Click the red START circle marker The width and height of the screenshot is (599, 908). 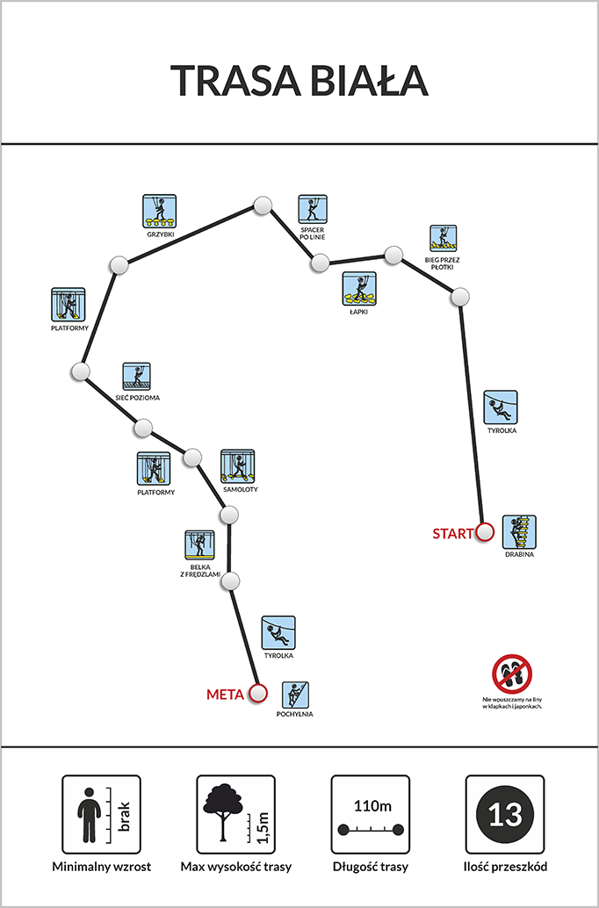tap(485, 531)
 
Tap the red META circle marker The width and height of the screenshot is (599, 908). tap(258, 693)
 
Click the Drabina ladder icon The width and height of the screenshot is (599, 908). tap(519, 531)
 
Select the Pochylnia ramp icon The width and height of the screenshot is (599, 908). tap(295, 695)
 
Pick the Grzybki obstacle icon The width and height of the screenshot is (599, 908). tap(159, 211)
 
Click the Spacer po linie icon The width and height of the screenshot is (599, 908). tap(313, 209)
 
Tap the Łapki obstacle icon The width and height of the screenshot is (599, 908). tap(359, 288)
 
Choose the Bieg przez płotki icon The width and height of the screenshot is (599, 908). tap(444, 239)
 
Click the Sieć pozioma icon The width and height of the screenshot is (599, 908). tap(137, 377)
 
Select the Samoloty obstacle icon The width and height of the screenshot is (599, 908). tap(237, 466)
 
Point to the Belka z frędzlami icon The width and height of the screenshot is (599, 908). tap(200, 545)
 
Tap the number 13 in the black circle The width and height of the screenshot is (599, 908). tap(504, 815)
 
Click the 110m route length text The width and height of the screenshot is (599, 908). tap(372, 806)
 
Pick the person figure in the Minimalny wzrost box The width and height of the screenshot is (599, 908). tap(89, 815)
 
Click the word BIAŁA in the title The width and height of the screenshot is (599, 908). tap(368, 80)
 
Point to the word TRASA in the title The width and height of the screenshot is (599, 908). tap(235, 80)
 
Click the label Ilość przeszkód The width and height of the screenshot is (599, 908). tap(505, 867)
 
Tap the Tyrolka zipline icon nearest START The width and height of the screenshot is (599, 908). tap(501, 407)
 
